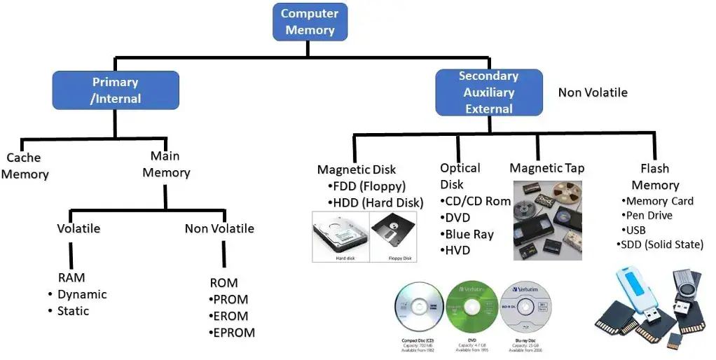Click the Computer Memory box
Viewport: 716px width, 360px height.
coord(310,22)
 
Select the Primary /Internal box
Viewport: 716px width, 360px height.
coord(116,90)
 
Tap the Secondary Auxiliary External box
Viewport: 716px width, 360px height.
coord(488,92)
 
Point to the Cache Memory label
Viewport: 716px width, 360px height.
coord(25,166)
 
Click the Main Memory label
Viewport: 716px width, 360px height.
coord(166,164)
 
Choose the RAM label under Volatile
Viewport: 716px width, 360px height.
coord(71,278)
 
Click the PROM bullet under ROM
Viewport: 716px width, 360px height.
coord(230,300)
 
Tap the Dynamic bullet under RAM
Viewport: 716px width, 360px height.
coord(82,294)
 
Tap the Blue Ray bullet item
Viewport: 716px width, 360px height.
coord(469,235)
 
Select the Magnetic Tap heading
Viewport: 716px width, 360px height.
coord(546,168)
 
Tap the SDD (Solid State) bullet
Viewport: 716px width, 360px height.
coord(661,244)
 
